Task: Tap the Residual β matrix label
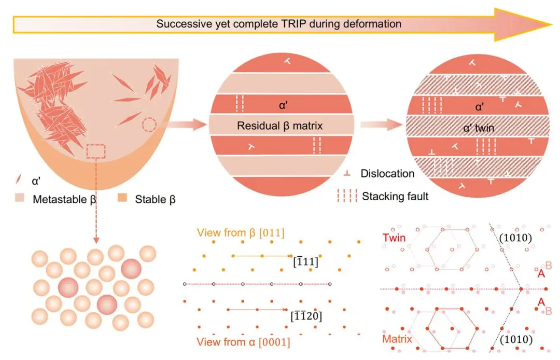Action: tap(279, 126)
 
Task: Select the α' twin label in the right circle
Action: tap(479, 128)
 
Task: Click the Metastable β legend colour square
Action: tap(20, 198)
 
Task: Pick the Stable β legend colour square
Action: tap(122, 198)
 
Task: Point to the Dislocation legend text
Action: tap(387, 174)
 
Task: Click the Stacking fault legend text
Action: tap(395, 196)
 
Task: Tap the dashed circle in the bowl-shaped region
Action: tap(149, 124)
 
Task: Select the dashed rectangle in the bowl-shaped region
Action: tap(96, 151)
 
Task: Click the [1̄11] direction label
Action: tap(305, 262)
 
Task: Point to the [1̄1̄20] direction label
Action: tap(306, 316)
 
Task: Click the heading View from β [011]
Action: tap(241, 233)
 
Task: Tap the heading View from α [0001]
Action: tap(243, 342)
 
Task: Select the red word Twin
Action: tap(394, 238)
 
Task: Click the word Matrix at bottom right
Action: tap(397, 339)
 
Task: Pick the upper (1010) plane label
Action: tap(515, 238)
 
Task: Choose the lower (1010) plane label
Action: tap(516, 339)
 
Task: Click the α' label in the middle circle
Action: tap(283, 105)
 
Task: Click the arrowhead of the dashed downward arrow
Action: tap(96, 240)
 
